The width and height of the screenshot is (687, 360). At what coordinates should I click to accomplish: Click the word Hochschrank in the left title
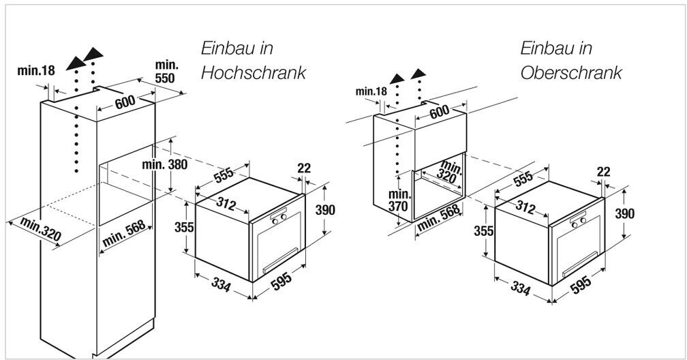(253, 73)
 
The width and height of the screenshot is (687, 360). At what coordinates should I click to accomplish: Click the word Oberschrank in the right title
(571, 73)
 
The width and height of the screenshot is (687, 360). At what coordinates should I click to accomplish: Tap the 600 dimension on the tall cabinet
(125, 102)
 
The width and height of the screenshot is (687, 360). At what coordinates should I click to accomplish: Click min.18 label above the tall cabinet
(36, 70)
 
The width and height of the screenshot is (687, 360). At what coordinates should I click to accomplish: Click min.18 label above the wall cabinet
(371, 91)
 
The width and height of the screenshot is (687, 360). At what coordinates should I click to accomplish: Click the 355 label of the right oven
(483, 230)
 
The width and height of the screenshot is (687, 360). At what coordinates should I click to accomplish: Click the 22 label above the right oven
(602, 172)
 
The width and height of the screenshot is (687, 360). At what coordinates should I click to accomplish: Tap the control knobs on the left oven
(279, 218)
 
